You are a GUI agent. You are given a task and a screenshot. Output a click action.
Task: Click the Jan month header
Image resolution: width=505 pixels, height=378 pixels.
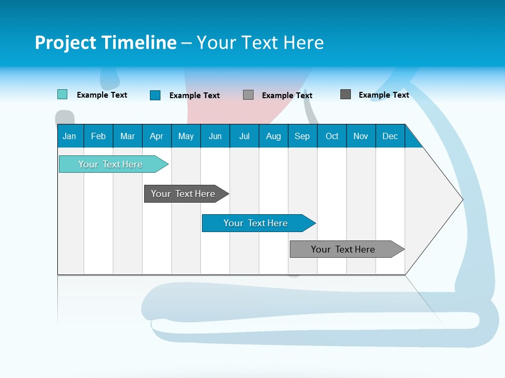(x=69, y=136)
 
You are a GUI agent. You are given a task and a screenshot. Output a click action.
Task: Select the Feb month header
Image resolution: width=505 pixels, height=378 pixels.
(x=98, y=136)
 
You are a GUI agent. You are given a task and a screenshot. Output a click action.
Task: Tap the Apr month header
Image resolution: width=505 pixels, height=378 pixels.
(x=156, y=136)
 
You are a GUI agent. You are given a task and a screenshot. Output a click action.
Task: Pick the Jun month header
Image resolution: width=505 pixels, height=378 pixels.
(x=215, y=136)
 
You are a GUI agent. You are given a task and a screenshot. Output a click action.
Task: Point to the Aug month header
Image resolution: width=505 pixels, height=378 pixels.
(x=274, y=136)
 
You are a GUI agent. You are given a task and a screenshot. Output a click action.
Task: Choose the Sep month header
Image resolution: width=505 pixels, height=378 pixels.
(x=302, y=136)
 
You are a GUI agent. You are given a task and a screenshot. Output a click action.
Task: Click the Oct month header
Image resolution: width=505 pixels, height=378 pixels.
(x=332, y=136)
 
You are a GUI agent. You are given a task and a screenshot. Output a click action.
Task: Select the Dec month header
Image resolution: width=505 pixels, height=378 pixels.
(x=390, y=136)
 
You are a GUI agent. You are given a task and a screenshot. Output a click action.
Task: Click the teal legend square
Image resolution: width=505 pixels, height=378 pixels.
(x=62, y=94)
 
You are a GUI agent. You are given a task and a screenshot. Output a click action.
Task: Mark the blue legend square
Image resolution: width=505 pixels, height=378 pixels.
(x=155, y=95)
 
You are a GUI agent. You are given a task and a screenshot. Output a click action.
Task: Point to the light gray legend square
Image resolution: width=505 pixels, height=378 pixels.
(x=248, y=95)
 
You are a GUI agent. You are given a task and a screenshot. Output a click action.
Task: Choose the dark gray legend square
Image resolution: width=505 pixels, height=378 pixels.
(x=346, y=94)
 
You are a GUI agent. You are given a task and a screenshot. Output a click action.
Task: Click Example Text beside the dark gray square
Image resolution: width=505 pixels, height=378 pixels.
(x=383, y=95)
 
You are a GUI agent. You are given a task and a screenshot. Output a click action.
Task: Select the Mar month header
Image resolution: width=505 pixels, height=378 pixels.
(x=127, y=136)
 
